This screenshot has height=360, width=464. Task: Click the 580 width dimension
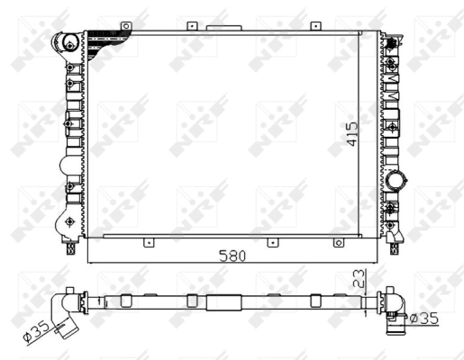[232, 255]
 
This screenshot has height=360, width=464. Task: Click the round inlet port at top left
[64, 41]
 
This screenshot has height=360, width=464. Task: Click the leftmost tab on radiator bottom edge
[145, 240]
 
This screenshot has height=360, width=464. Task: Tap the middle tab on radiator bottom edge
[270, 240]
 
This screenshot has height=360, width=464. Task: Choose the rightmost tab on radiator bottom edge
[338, 240]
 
